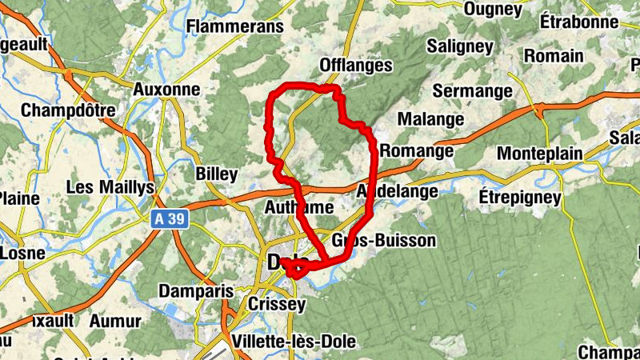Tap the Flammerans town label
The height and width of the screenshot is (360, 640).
point(234,26)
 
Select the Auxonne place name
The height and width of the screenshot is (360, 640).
point(167,90)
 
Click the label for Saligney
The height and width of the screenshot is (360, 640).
point(460,46)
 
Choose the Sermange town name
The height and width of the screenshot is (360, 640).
point(472,91)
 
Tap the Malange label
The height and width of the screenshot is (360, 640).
point(430,119)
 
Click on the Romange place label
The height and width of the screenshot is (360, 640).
point(417,150)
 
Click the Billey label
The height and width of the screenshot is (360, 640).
point(216,174)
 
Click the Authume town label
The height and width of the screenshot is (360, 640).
point(298,208)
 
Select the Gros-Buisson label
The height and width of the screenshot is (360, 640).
point(383,240)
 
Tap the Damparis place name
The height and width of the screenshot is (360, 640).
point(195,291)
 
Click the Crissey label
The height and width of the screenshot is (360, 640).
point(277,305)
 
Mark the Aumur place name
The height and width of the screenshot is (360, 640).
point(117,321)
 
